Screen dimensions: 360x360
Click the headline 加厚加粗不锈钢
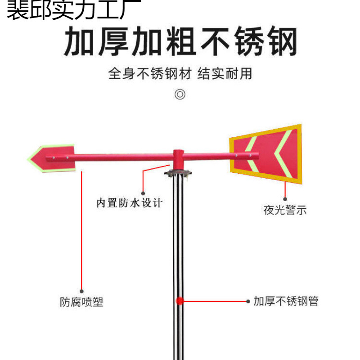click(180, 42)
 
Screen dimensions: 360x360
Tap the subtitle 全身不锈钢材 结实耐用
click(180, 73)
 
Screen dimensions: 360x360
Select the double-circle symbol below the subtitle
click(180, 95)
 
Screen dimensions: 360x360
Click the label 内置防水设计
click(129, 203)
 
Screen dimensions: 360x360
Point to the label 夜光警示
click(285, 210)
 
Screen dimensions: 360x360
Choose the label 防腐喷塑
click(81, 302)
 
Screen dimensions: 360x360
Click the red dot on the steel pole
click(179, 301)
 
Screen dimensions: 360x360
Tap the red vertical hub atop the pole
click(178, 157)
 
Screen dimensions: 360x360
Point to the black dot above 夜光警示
click(285, 198)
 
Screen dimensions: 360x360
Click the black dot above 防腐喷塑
click(81, 291)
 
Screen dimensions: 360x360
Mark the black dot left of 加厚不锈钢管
click(248, 301)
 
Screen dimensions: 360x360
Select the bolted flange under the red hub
click(179, 173)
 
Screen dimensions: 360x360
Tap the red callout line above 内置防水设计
click(144, 184)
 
